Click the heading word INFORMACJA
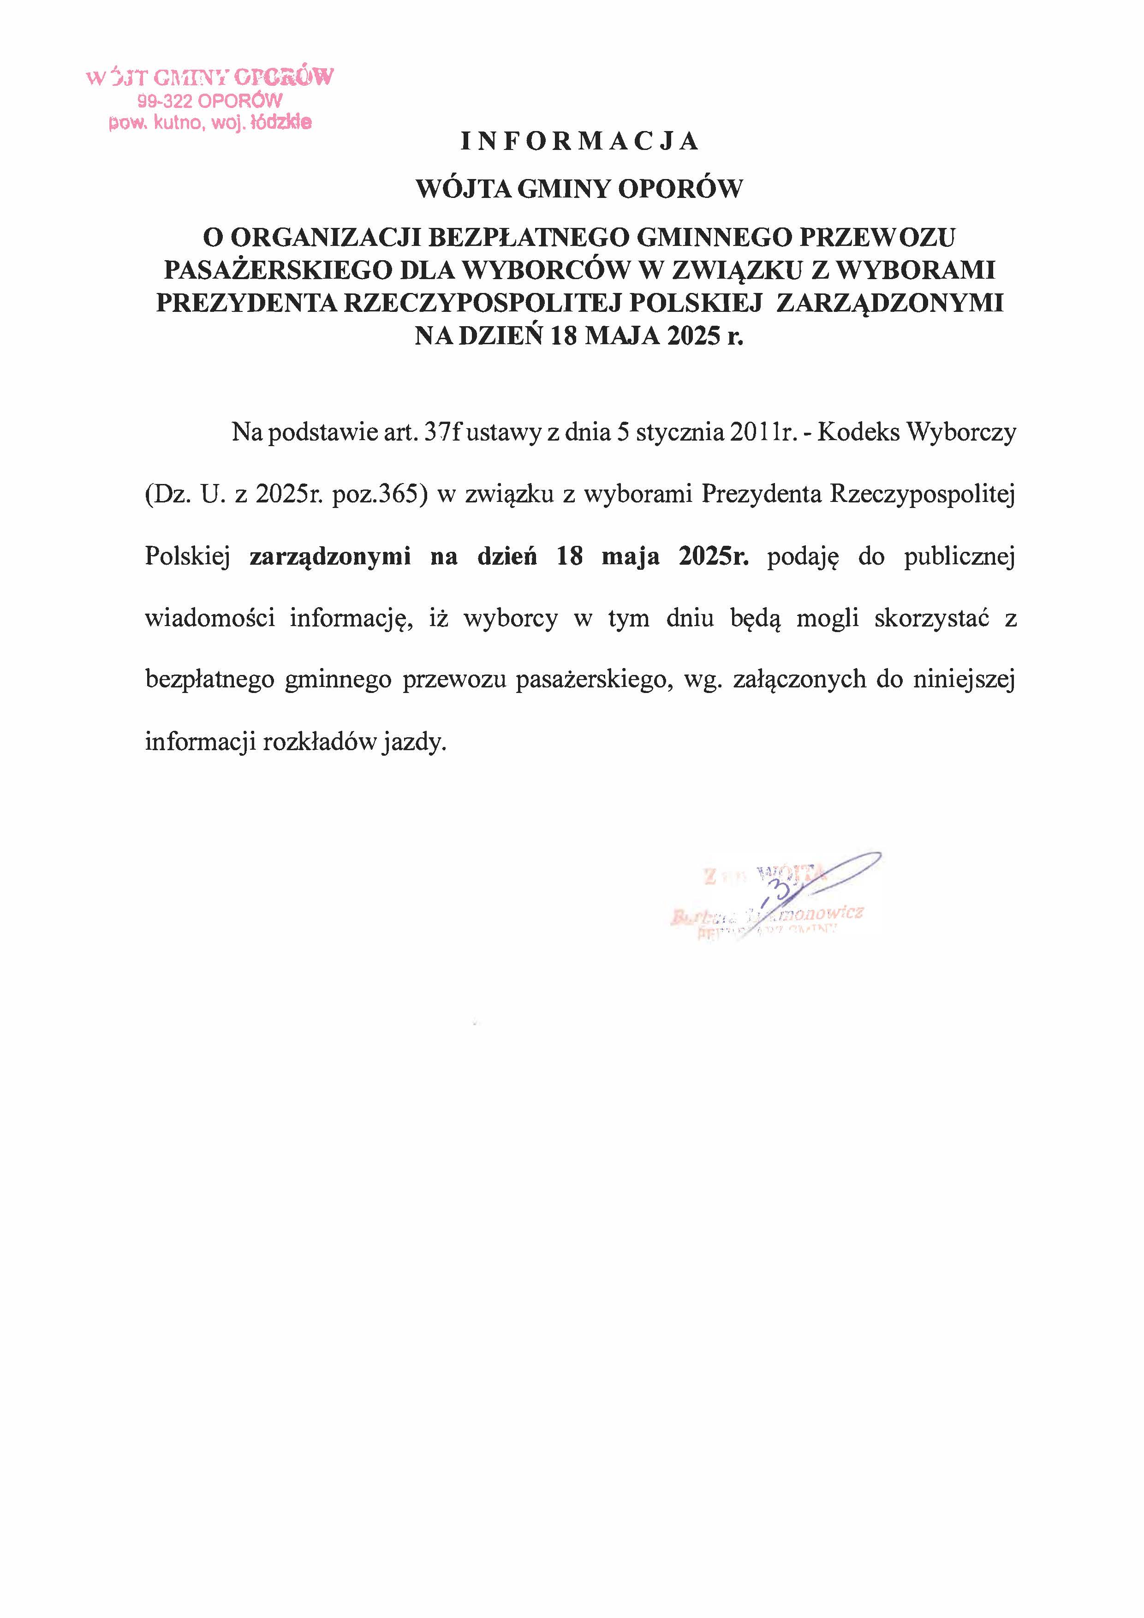tap(579, 142)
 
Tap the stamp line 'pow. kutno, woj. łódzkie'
tap(209, 123)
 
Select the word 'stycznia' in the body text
tap(680, 432)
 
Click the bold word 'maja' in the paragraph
tap(631, 557)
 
